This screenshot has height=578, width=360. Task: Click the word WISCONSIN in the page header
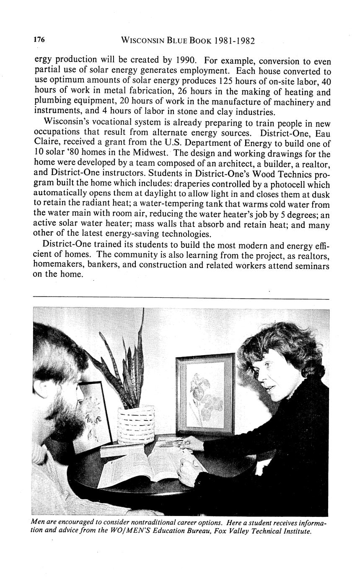[x=141, y=41]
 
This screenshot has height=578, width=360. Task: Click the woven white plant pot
[x=136, y=423]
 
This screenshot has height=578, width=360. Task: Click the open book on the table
[x=147, y=465]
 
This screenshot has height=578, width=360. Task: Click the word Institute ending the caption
[x=296, y=532]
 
